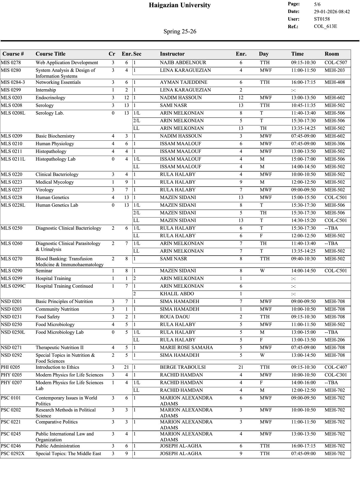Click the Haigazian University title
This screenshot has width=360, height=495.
(x=180, y=5)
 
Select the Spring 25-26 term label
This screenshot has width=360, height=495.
(x=180, y=31)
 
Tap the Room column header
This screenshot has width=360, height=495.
(x=331, y=54)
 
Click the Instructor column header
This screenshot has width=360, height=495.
(x=172, y=54)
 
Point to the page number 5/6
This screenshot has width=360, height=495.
(x=317, y=4)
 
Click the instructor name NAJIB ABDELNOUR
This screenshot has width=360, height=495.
(x=183, y=63)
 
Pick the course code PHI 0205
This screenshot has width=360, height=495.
(x=10, y=367)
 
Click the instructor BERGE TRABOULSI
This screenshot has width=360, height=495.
(x=183, y=367)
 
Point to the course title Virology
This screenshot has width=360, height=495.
(x=44, y=190)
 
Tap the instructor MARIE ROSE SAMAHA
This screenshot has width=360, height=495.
(x=186, y=348)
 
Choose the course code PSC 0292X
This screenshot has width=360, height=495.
(x=13, y=454)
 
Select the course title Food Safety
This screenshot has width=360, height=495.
(x=48, y=317)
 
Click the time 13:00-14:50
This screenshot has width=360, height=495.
(x=303, y=355)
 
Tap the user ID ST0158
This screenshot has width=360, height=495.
(x=322, y=19)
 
